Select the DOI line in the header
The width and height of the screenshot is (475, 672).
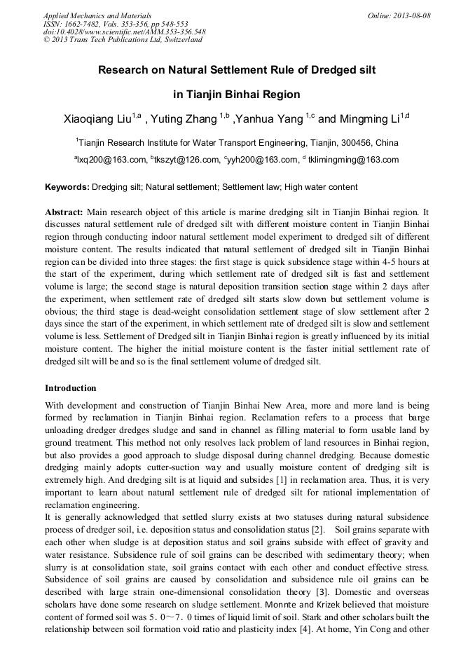point(124,32)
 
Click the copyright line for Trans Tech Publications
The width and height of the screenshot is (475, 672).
point(123,40)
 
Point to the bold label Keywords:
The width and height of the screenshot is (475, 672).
point(67,188)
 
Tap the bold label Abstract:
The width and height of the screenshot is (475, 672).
point(64,212)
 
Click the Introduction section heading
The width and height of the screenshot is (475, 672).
point(71,388)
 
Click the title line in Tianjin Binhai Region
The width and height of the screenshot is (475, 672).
point(237,94)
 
